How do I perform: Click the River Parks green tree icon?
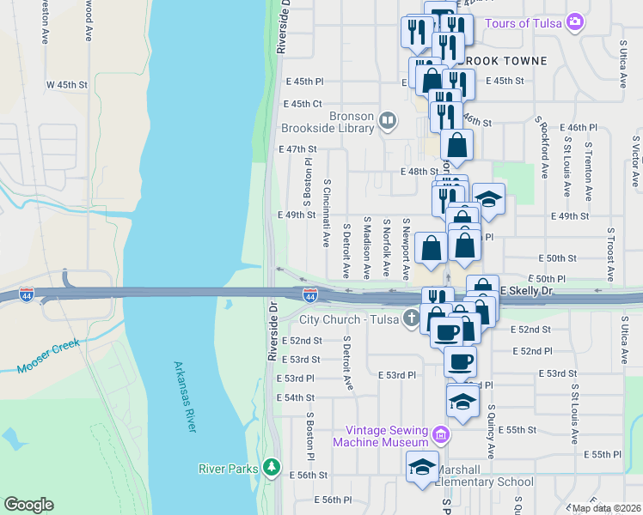(x=272, y=468)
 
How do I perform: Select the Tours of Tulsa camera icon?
(x=575, y=22)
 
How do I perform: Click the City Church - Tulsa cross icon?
(x=412, y=319)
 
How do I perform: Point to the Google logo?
(x=28, y=504)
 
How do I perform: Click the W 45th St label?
(x=67, y=85)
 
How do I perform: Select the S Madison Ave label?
(x=366, y=247)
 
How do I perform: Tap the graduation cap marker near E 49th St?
(x=488, y=200)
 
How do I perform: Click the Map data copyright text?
(x=607, y=508)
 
